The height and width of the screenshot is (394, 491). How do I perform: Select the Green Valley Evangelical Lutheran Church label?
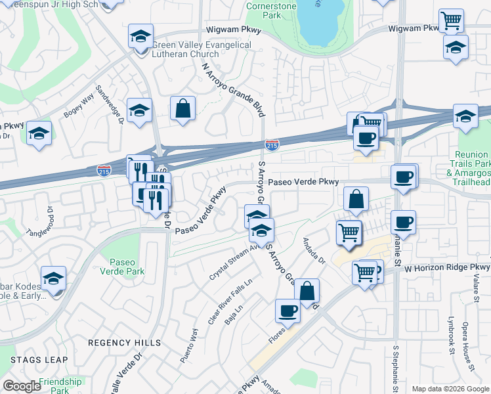[x=202, y=49]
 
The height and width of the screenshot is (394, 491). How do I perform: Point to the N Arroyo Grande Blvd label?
[x=233, y=89]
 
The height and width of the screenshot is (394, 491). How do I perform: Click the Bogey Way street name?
[x=79, y=107]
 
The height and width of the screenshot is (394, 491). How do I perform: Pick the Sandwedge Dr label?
[x=110, y=104]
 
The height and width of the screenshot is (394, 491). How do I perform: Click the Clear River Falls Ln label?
[x=221, y=302]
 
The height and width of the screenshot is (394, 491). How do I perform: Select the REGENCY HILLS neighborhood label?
[x=124, y=343]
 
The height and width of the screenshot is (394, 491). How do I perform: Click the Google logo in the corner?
[x=22, y=386]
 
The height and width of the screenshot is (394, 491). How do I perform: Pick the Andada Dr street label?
[x=314, y=250]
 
